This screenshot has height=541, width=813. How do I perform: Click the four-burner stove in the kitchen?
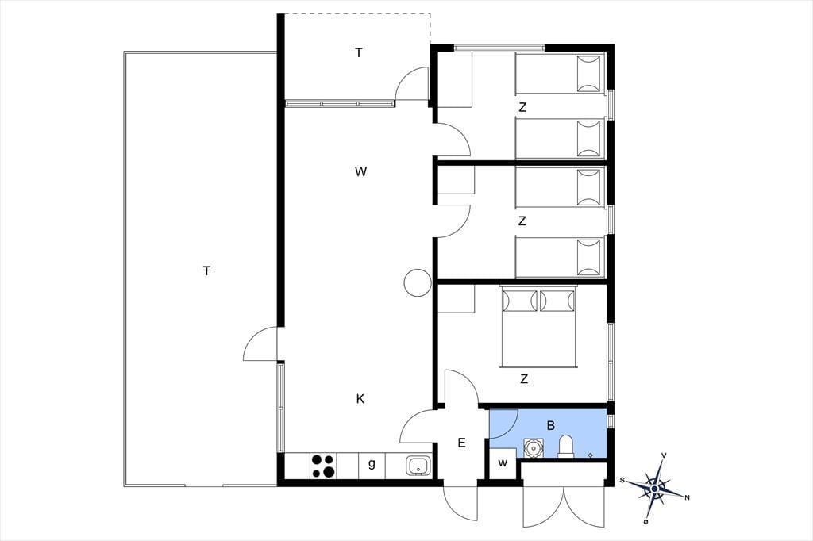[322, 466]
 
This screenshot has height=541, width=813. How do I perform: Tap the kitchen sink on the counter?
[418, 466]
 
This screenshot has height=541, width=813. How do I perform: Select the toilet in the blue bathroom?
[565, 446]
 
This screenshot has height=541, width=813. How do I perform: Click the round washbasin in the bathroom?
[533, 447]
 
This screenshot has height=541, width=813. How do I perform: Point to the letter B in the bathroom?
[551, 425]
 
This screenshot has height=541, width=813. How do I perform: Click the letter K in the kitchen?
[360, 398]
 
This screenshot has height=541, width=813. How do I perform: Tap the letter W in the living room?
[361, 171]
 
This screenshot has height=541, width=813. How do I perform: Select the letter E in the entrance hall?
[461, 443]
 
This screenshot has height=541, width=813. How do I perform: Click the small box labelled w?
[503, 463]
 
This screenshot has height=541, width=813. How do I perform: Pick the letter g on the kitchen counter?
[372, 464]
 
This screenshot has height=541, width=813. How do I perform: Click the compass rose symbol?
[655, 488]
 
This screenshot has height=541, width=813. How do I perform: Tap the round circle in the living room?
[418, 283]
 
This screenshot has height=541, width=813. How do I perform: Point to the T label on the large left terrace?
[206, 270]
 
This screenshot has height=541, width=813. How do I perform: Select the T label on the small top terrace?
[359, 52]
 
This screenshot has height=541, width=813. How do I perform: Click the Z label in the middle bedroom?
[522, 221]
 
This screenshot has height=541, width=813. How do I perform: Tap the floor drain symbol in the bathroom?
[591, 455]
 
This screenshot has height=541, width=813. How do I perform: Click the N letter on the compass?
[687, 498]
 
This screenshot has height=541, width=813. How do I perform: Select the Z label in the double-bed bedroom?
[524, 379]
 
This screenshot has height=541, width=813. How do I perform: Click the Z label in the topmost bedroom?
[522, 107]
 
